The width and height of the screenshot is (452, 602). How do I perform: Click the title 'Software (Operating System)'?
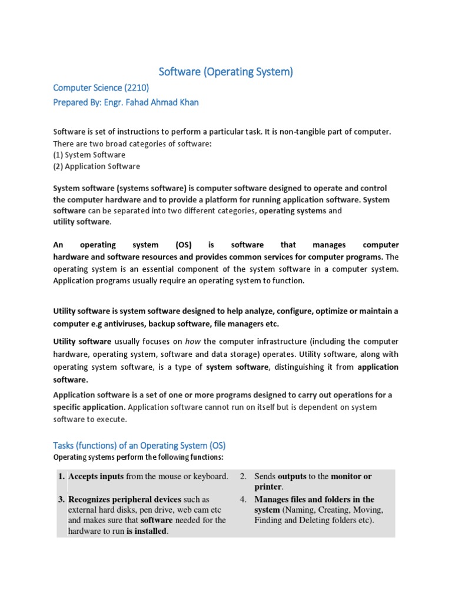[x=226, y=72]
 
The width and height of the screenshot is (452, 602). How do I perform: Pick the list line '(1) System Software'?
[x=89, y=155]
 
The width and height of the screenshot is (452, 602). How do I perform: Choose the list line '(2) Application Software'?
[x=97, y=166]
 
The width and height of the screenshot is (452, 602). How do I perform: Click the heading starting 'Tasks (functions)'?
[x=139, y=445]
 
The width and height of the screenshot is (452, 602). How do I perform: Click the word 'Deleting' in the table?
[x=312, y=520]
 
